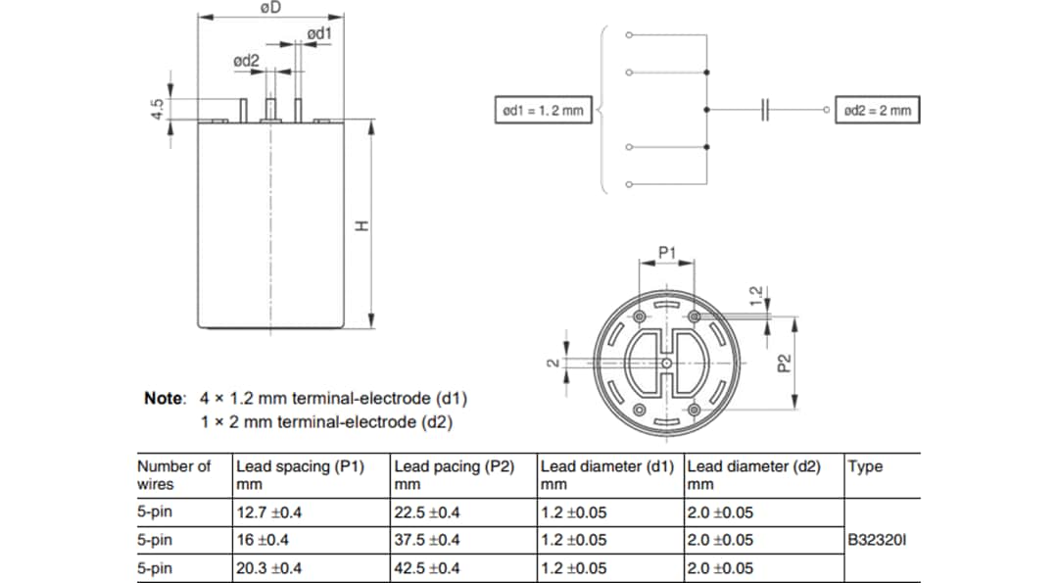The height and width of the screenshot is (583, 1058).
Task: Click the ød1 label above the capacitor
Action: [319, 34]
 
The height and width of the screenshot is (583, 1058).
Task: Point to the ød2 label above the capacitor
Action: [246, 61]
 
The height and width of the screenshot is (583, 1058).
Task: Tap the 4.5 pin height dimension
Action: [156, 109]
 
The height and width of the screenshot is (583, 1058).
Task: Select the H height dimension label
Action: [361, 226]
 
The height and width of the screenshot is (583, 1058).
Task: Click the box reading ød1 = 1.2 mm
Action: [541, 111]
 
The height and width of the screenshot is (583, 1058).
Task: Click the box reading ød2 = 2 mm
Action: [877, 111]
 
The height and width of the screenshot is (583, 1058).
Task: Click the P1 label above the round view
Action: [666, 253]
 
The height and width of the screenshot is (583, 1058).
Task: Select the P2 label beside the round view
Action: [783, 364]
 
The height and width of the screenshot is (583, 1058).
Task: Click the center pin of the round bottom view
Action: [666, 364]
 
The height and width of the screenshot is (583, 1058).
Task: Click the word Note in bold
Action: [164, 399]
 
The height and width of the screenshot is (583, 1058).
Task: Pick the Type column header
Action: [865, 466]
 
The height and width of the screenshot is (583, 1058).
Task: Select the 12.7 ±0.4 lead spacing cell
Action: [268, 512]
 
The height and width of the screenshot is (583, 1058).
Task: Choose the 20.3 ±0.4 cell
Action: [268, 568]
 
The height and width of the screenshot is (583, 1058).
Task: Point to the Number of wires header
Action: [173, 475]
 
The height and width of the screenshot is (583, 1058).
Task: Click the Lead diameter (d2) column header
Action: [754, 466]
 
